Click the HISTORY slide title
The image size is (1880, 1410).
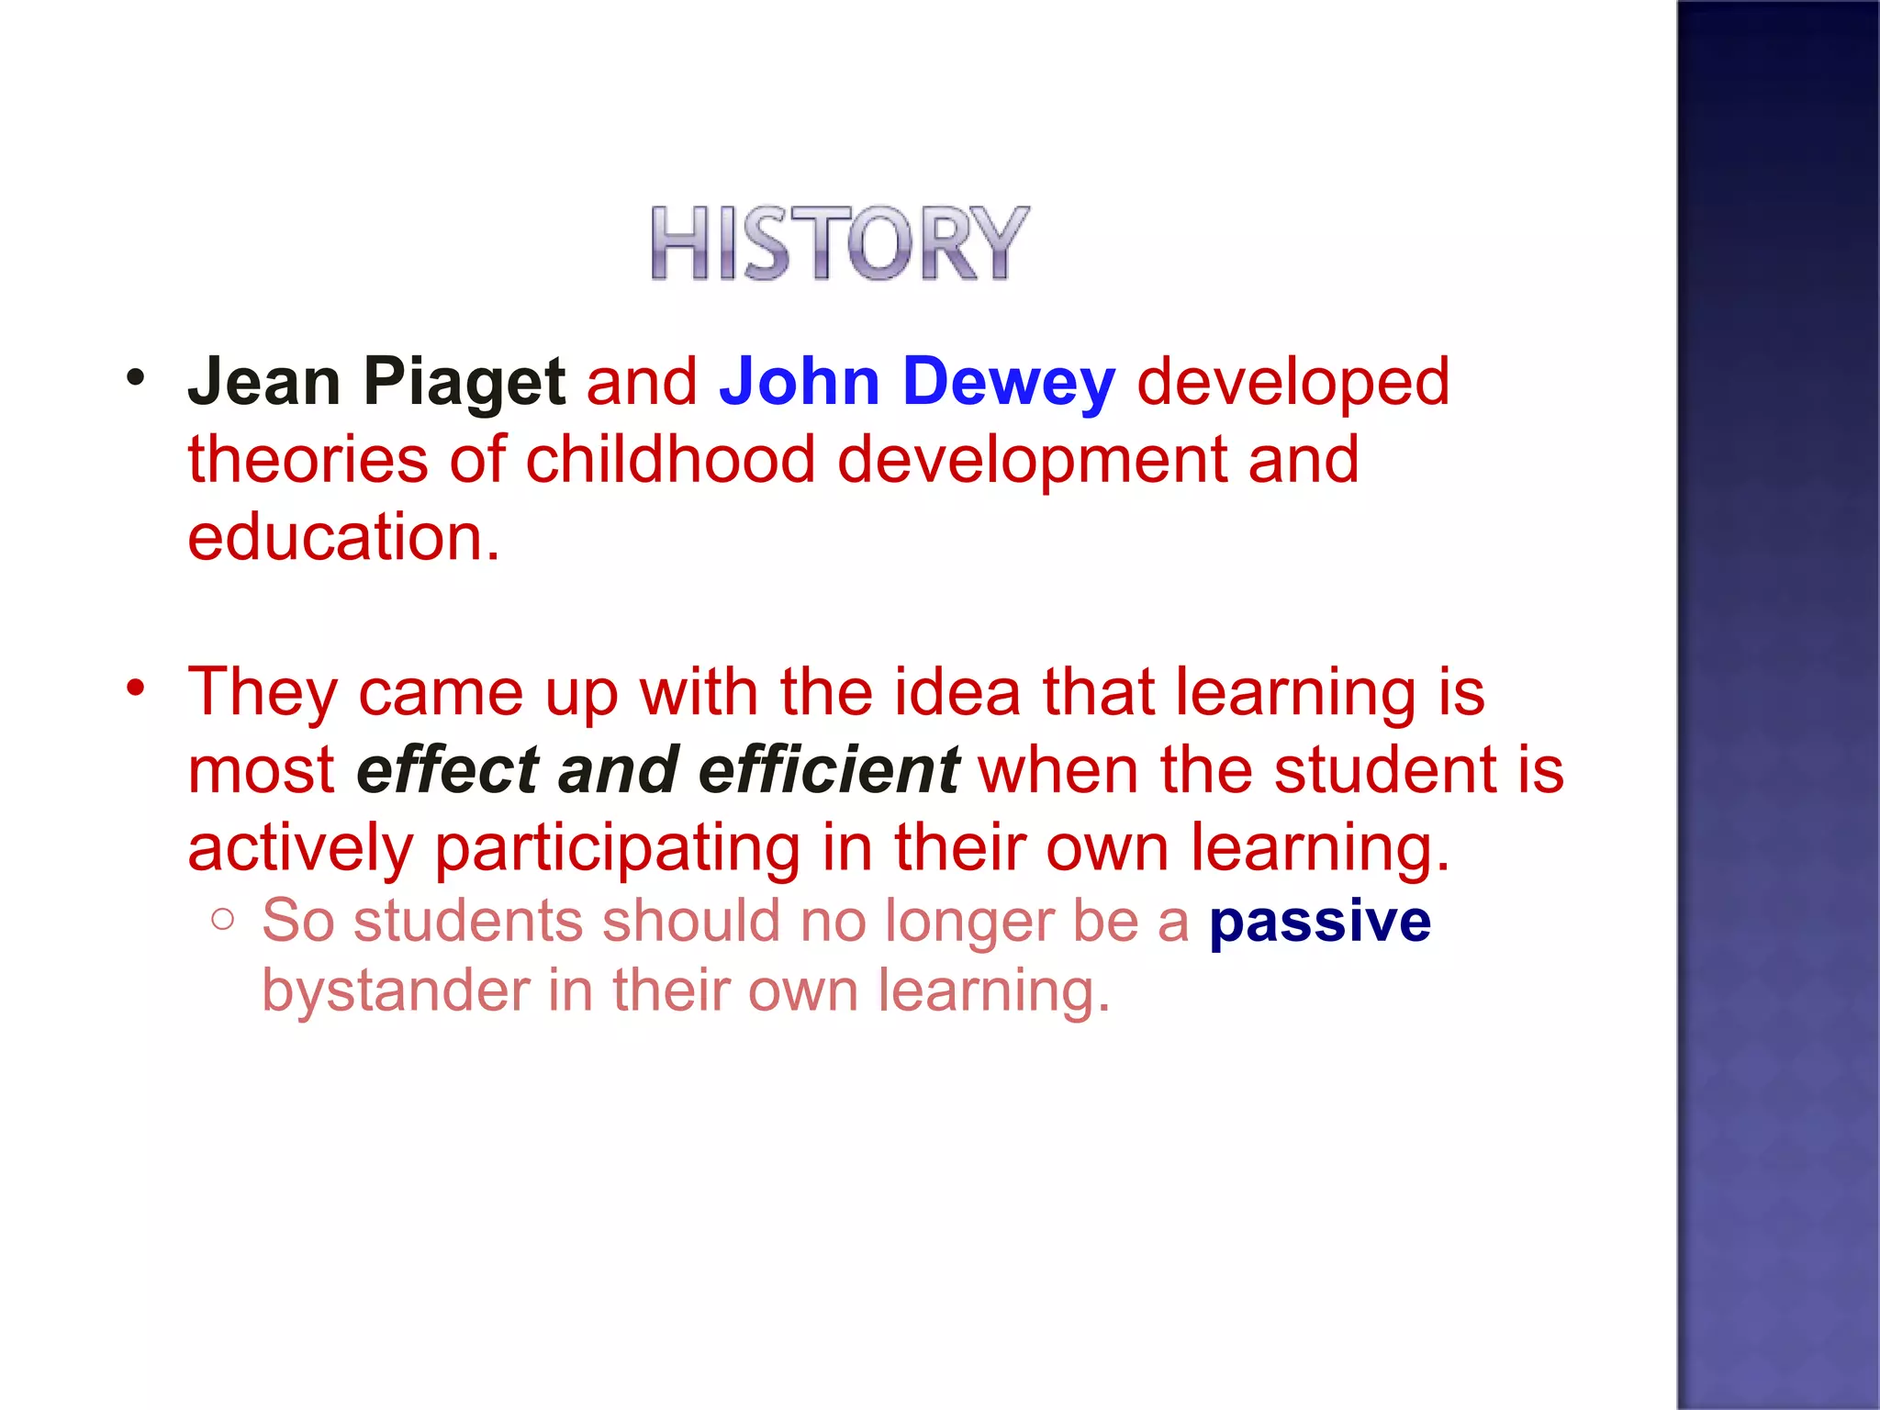click(839, 242)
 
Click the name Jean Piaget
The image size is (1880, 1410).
click(376, 382)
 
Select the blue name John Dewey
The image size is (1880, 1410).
click(917, 382)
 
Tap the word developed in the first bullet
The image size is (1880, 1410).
click(1292, 382)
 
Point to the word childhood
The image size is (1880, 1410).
click(670, 459)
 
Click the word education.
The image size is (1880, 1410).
click(343, 537)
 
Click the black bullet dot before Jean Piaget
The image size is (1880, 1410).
click(136, 377)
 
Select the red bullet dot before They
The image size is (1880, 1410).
click(136, 687)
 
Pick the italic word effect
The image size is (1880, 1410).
click(447, 769)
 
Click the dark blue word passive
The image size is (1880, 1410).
click(1319, 921)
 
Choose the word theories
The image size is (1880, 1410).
click(308, 459)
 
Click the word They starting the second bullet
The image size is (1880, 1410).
click(263, 692)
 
